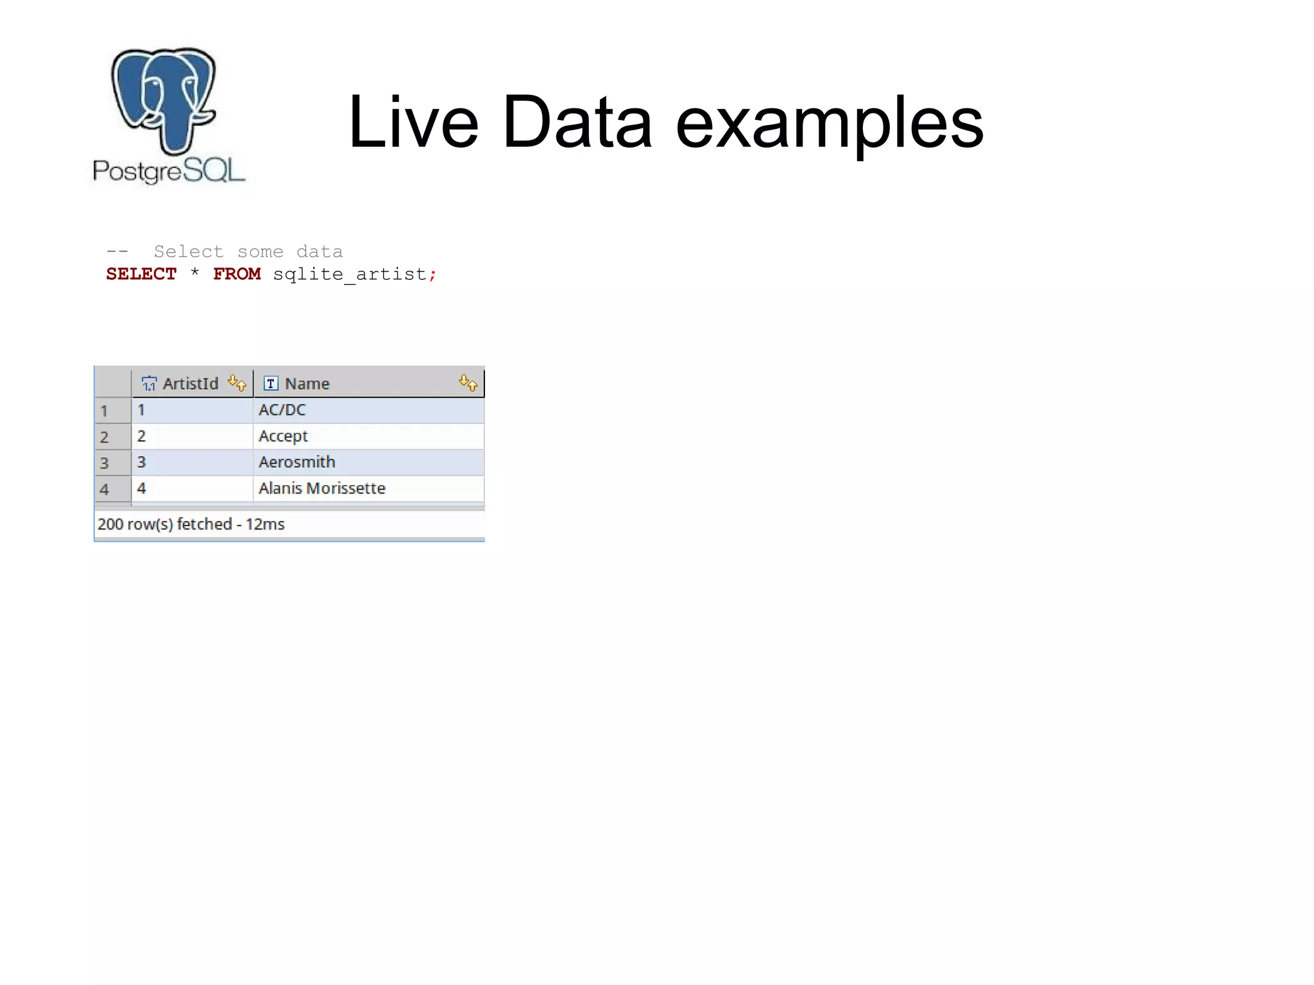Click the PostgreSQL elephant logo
pos(164,99)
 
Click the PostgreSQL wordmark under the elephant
pos(169,171)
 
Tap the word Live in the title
pos(413,122)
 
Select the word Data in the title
pos(577,122)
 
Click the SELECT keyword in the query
pos(141,274)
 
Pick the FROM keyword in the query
pos(237,274)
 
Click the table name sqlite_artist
pos(350,275)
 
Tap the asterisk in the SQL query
pos(194,273)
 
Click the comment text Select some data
pos(248,252)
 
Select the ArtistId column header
pos(190,384)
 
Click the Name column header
pos(307,384)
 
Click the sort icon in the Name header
pos(468,383)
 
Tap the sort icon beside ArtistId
pos(237,383)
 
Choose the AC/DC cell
pos(282,410)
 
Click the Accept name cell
pos(283,436)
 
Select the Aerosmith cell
pos(296,462)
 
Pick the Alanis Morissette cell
pos(321,488)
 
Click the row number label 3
pos(105,463)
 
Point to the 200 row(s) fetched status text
pos(191,524)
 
